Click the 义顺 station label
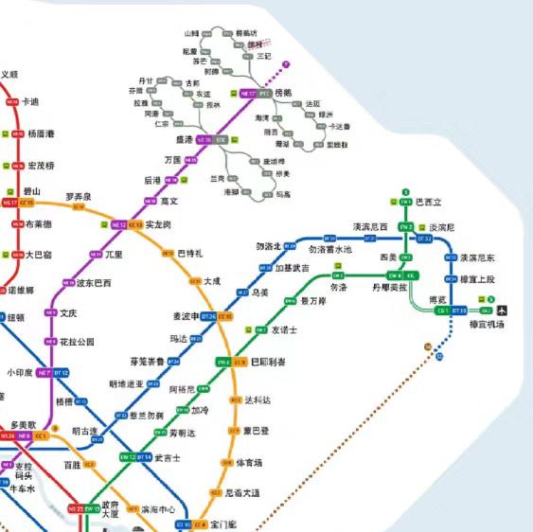point(9,74)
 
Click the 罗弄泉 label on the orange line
point(79,196)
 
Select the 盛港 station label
point(179,139)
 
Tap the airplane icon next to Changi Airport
point(501,310)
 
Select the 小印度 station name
point(19,373)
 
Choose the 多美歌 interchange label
point(23,425)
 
